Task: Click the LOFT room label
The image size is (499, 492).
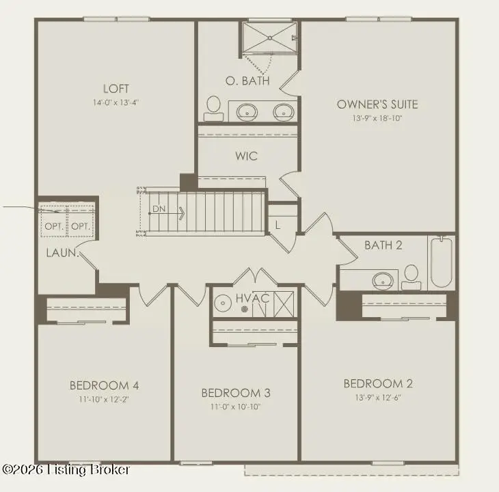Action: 116,88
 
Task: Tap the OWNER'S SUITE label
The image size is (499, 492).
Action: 377,105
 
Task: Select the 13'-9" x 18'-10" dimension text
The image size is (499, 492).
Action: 377,118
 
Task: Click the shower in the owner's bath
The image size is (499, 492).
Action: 269,38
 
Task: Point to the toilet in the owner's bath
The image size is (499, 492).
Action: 213,108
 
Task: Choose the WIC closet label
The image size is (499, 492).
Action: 247,156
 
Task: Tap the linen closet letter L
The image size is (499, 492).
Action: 278,224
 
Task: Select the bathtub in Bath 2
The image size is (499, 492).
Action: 441,262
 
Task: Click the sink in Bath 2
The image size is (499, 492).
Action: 383,279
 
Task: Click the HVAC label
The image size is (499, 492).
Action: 252,299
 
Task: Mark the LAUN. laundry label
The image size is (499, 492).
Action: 61,253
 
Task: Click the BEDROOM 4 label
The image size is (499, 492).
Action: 104,385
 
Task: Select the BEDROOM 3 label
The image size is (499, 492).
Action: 235,393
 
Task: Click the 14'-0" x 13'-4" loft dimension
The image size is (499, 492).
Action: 116,102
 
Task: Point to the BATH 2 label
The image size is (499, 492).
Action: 383,245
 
